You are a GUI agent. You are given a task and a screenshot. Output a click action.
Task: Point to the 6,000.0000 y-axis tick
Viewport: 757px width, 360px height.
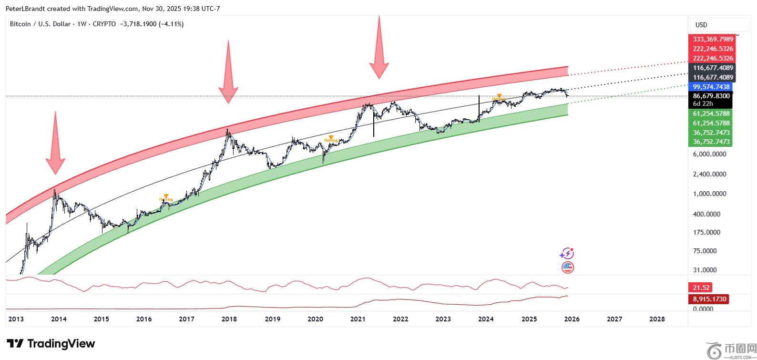[x=710, y=154]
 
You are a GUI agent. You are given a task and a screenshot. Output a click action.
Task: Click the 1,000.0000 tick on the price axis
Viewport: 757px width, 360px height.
[x=710, y=194]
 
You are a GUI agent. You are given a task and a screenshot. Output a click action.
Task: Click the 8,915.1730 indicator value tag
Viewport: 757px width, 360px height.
[x=708, y=299]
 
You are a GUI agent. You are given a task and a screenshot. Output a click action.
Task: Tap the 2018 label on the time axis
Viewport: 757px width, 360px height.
[x=229, y=319]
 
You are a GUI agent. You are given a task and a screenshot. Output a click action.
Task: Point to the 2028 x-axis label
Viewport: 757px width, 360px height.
[x=657, y=319]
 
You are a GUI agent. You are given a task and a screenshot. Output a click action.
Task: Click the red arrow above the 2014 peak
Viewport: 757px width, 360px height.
[x=55, y=143]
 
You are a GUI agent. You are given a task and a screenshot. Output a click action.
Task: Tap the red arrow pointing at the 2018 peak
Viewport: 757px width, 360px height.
[x=228, y=72]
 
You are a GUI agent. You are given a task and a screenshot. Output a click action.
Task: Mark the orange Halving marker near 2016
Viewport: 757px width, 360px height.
[x=166, y=197]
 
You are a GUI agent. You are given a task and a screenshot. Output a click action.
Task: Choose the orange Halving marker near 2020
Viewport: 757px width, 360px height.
[x=331, y=138]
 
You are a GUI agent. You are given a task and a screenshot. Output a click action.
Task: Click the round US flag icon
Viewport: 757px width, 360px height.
[x=567, y=267]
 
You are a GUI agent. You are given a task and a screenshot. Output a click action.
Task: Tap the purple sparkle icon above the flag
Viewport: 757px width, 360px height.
[x=567, y=253]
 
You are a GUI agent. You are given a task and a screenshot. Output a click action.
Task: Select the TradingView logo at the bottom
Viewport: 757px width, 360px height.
[x=51, y=343]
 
